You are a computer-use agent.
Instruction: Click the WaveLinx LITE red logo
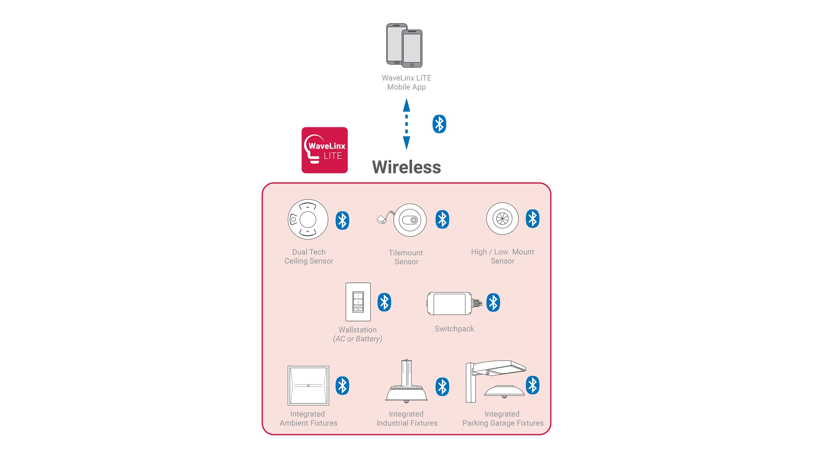pyautogui.click(x=325, y=150)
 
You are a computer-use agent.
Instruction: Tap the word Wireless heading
pyautogui.click(x=406, y=167)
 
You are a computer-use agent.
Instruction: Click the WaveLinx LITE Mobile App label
pyautogui.click(x=406, y=82)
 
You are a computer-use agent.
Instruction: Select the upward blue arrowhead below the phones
pyautogui.click(x=406, y=105)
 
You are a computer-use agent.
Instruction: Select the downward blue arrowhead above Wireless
pyautogui.click(x=406, y=143)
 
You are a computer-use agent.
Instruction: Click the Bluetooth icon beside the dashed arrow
pyautogui.click(x=439, y=124)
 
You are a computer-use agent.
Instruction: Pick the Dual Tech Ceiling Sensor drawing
pyautogui.click(x=308, y=219)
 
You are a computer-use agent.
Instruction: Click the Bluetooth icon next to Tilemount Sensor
pyautogui.click(x=442, y=220)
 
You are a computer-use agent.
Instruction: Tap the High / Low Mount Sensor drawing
pyautogui.click(x=502, y=218)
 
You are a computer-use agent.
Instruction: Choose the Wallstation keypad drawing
pyautogui.click(x=358, y=302)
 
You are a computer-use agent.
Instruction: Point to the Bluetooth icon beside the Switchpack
pyautogui.click(x=493, y=302)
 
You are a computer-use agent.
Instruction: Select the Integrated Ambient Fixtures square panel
pyautogui.click(x=308, y=385)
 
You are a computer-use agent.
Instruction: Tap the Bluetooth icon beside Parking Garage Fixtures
pyautogui.click(x=532, y=385)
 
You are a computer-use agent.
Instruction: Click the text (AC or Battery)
pyautogui.click(x=357, y=339)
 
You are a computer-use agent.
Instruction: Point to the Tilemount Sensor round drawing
pyautogui.click(x=409, y=220)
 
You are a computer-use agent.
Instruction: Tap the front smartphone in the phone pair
pyautogui.click(x=412, y=49)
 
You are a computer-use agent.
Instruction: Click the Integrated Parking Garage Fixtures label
pyautogui.click(x=503, y=419)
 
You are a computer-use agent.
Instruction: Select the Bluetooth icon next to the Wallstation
pyautogui.click(x=384, y=302)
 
